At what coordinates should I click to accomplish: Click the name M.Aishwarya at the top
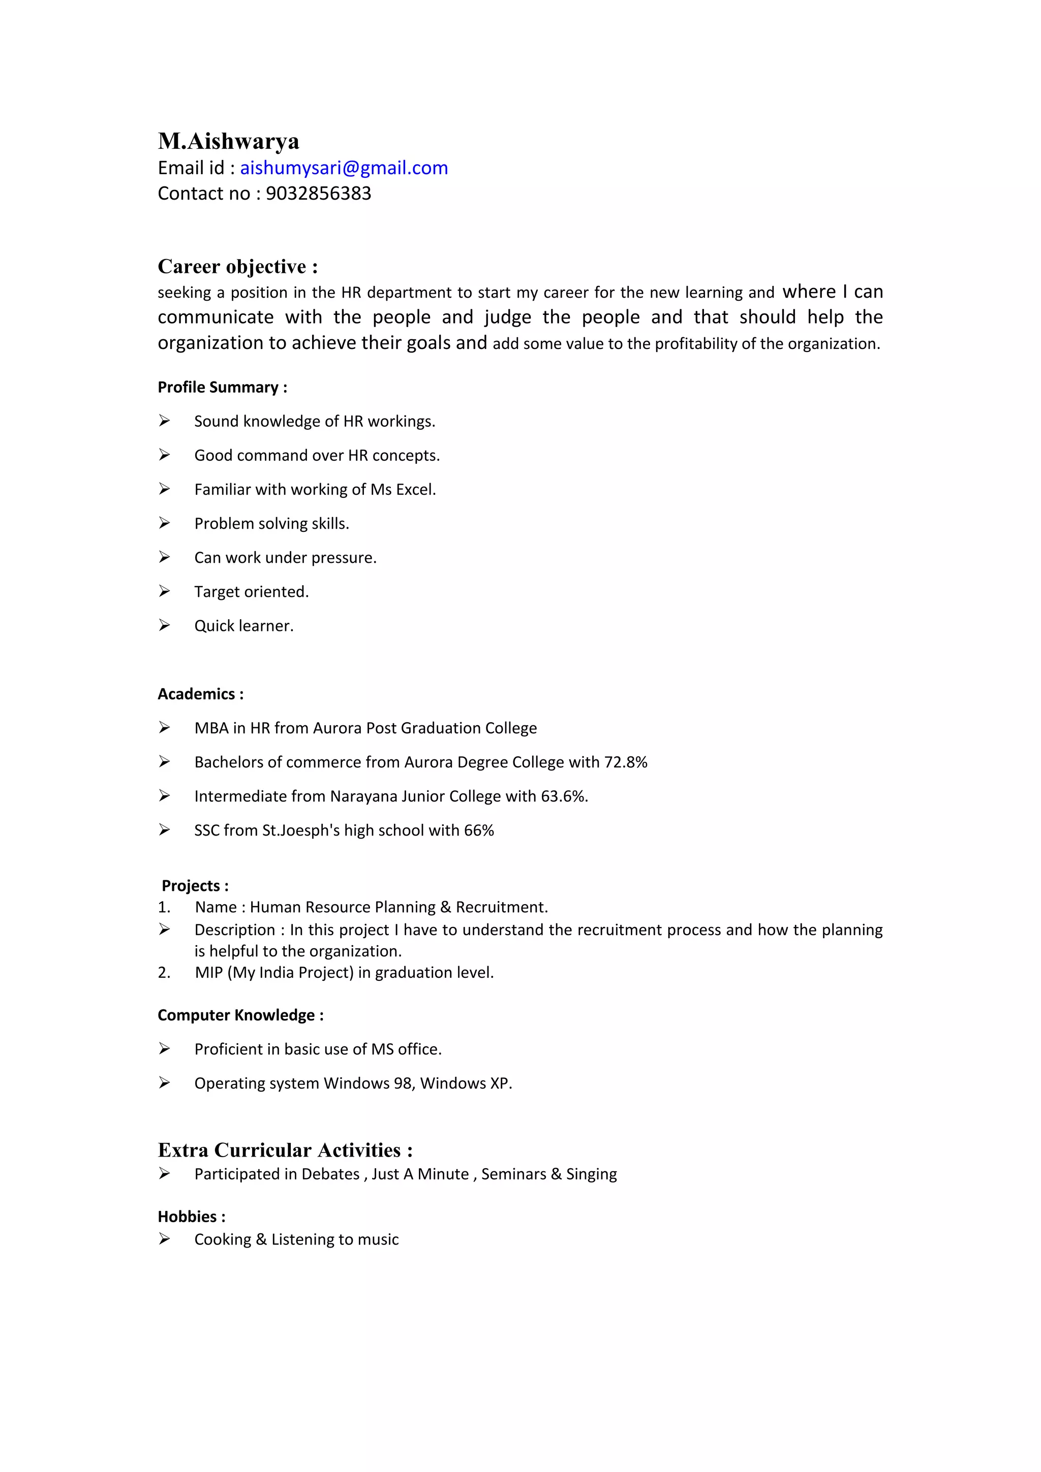[228, 141]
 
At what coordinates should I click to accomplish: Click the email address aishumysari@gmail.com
[344, 168]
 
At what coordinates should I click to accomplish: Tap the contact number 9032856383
[318, 194]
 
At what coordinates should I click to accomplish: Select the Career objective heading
[237, 267]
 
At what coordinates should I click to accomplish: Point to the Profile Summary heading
[222, 387]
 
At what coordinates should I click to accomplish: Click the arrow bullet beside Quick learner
[165, 625]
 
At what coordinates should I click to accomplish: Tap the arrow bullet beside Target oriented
[165, 591]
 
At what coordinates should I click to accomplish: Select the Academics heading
[200, 694]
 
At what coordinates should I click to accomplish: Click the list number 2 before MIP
[164, 973]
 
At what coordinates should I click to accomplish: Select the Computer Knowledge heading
[240, 1015]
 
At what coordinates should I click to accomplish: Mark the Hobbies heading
[191, 1217]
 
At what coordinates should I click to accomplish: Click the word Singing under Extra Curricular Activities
[591, 1174]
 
